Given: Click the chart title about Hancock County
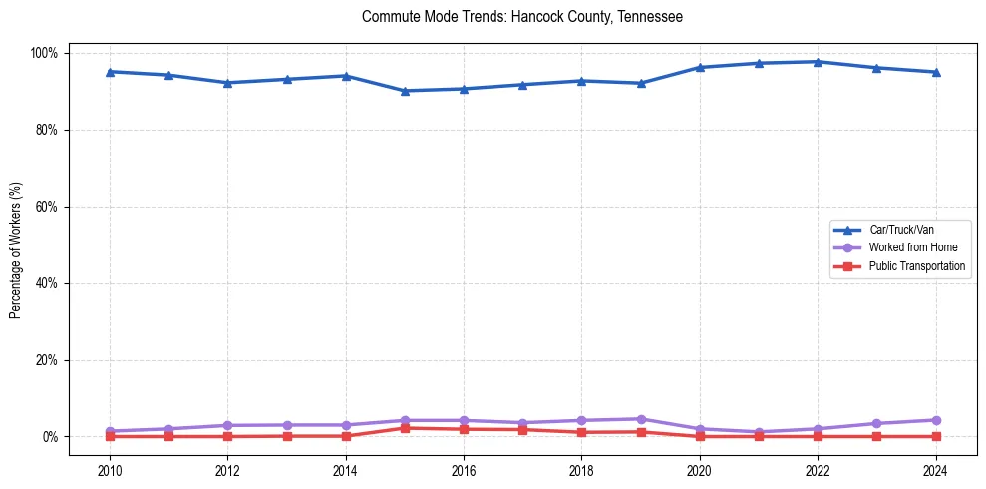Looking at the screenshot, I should point(522,17).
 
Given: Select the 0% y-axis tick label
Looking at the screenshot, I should point(51,437).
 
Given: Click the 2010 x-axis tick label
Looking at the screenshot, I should point(110,470).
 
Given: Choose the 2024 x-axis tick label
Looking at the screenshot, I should point(935,470).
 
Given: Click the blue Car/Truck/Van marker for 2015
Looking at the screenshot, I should point(405,91).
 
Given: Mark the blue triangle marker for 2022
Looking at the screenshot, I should point(818,62).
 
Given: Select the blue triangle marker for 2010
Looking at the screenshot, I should point(110,72).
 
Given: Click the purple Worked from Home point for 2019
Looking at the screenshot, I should point(641,419).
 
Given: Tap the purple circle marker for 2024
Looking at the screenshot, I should point(935,420).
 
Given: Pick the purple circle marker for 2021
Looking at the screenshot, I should point(759,432).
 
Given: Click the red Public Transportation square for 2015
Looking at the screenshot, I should point(405,428).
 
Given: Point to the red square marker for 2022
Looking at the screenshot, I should point(818,436).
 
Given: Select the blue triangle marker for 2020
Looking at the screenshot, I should point(700,67).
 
